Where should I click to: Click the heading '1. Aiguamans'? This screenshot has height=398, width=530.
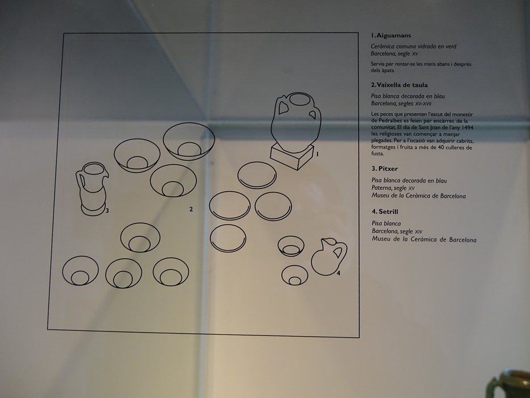(391, 35)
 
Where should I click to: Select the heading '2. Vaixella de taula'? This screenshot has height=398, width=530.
(399, 85)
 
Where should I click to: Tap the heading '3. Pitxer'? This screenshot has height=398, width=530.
(385, 168)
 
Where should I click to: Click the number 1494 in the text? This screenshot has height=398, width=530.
(466, 127)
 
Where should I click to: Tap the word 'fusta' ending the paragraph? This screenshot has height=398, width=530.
(378, 154)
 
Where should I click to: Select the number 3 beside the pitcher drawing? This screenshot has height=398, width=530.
(107, 210)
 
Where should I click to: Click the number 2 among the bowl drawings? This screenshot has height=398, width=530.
(191, 209)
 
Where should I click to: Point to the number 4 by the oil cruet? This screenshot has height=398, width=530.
(339, 273)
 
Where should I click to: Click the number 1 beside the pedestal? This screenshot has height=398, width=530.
(317, 154)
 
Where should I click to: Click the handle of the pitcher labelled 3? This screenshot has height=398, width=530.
(79, 181)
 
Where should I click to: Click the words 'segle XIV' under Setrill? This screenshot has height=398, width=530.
(411, 231)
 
